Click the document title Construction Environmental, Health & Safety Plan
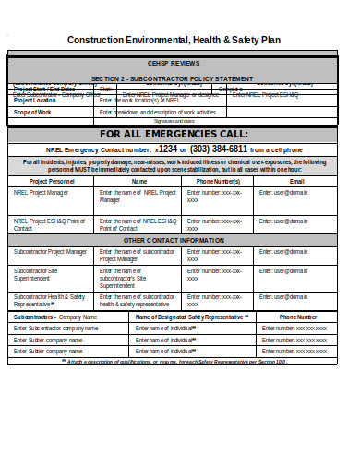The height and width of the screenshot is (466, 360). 182,40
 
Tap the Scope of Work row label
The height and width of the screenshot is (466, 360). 32,112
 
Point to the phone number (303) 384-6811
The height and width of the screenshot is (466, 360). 220,149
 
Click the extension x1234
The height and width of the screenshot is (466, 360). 167,149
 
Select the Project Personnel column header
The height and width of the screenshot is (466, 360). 51,182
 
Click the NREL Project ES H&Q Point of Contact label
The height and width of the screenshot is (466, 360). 48,225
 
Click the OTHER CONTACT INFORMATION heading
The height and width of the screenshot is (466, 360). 181,240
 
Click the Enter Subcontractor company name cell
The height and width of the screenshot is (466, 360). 55,328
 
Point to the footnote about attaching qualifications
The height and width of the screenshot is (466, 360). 181,362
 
